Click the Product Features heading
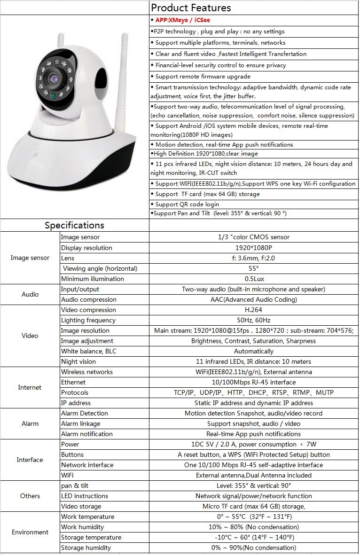tap(191, 8)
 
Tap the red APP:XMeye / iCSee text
tap(182, 20)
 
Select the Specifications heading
tap(74, 226)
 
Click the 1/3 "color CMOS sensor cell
tap(253, 237)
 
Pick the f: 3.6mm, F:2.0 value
tap(253, 258)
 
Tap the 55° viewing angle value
tap(253, 268)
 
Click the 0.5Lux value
tap(254, 279)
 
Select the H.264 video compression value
tap(253, 310)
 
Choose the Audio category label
tap(30, 295)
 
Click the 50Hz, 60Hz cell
tap(253, 320)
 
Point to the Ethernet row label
tap(73, 382)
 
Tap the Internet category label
tap(30, 388)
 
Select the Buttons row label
tap(72, 454)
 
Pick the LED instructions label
tap(85, 496)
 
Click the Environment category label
tap(30, 533)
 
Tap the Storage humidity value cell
tap(253, 548)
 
